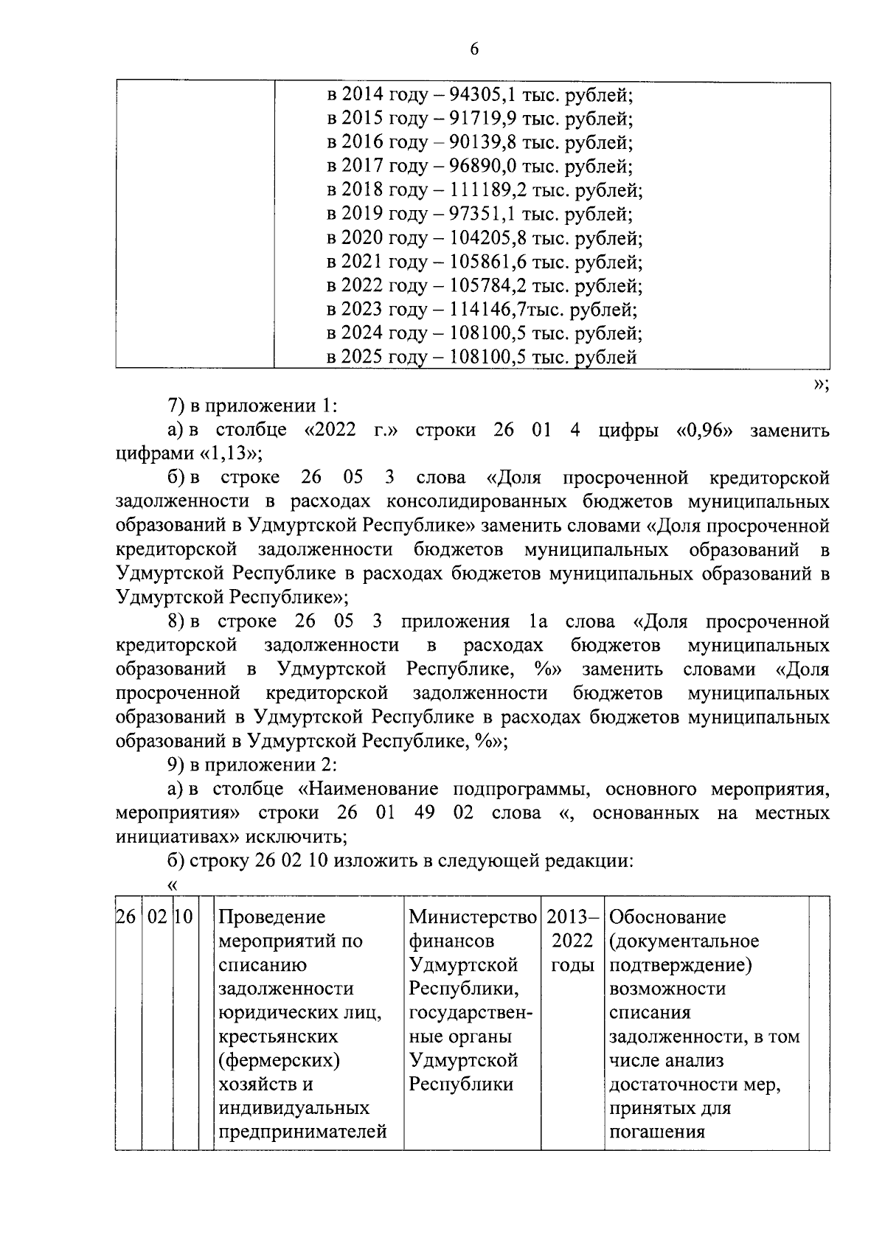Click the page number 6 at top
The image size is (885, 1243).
point(473,49)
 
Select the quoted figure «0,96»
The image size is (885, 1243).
point(704,430)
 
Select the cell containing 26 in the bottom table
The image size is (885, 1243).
point(127,917)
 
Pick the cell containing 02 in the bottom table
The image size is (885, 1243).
point(158,917)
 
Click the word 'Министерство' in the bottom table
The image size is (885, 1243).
point(473,917)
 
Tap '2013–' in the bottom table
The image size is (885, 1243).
point(572,917)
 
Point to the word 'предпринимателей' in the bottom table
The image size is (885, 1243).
point(303,1132)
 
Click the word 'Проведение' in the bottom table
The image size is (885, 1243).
point(272,917)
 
